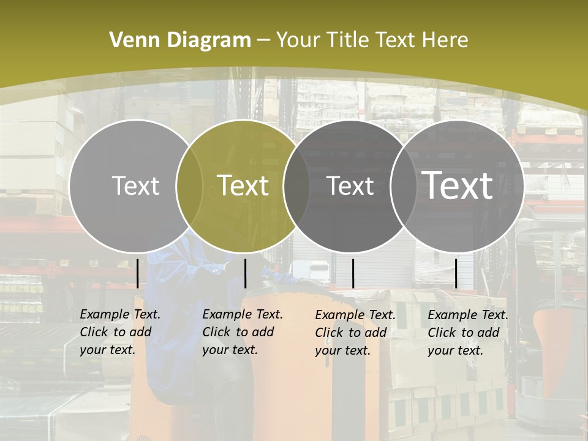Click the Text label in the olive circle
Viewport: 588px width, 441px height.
click(243, 186)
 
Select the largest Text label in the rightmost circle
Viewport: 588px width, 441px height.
click(458, 185)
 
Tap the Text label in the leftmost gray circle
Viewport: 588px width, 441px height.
click(136, 186)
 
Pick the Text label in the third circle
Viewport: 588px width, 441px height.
click(350, 186)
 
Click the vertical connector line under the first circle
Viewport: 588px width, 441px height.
click(138, 273)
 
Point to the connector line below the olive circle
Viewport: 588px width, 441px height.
click(245, 273)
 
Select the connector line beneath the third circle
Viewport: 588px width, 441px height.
click(353, 273)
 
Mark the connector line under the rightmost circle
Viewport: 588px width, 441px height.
click(456, 273)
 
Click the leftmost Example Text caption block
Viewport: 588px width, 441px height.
click(119, 332)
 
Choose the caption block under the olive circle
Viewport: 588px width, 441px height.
click(242, 332)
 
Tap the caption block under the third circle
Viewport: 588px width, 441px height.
click(355, 333)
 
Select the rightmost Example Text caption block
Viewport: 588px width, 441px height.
click(467, 333)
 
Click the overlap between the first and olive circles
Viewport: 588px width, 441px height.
click(189, 186)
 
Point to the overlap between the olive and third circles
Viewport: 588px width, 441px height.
click(296, 186)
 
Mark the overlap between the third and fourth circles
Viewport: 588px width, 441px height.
click(402, 186)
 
